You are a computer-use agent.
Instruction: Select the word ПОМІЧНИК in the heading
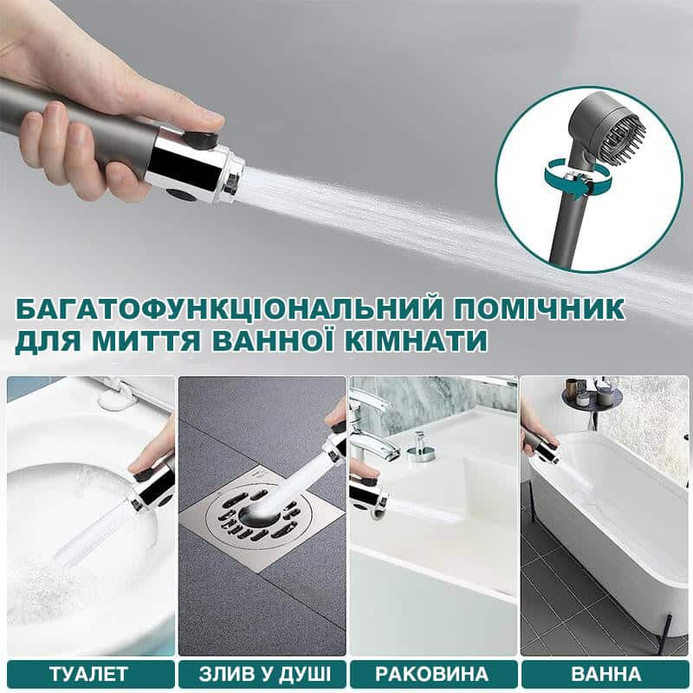coord(540,308)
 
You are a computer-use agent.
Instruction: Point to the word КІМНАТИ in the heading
coord(417,340)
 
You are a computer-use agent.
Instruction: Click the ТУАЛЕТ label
coord(89,674)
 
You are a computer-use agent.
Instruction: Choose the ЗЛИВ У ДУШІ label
coord(265,674)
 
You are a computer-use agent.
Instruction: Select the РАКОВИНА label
coord(431,674)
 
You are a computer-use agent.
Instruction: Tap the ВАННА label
coord(606,674)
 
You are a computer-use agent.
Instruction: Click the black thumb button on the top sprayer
coord(200,139)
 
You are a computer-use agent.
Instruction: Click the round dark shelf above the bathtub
coord(592,398)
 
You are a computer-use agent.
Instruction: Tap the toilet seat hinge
coord(115,396)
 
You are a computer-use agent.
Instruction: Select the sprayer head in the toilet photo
coord(150,488)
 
